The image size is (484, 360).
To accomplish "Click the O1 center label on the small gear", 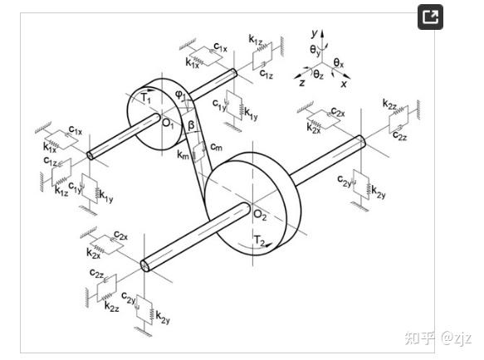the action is pyautogui.click(x=168, y=124).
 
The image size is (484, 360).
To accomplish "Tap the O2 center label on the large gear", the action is pyautogui.click(x=260, y=215).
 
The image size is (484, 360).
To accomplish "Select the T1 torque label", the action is pyautogui.click(x=146, y=99).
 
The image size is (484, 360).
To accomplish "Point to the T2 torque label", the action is pyautogui.click(x=259, y=240).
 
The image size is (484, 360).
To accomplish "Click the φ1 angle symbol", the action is pyautogui.click(x=181, y=95).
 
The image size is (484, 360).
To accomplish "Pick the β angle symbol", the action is pyautogui.click(x=192, y=125).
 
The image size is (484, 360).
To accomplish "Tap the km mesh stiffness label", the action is pyautogui.click(x=183, y=154).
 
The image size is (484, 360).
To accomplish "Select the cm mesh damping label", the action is pyautogui.click(x=216, y=147).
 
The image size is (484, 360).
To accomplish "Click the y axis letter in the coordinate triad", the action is pyautogui.click(x=315, y=33).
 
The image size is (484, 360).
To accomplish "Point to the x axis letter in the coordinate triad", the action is pyautogui.click(x=344, y=84).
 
